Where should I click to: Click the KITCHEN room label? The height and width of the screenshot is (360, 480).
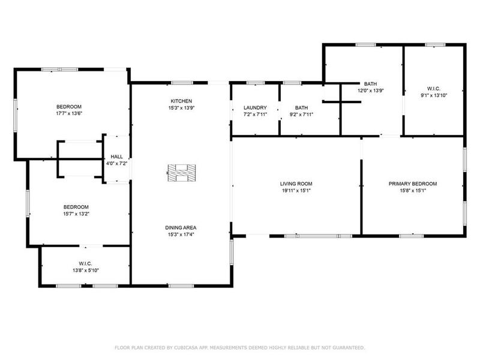(181, 101)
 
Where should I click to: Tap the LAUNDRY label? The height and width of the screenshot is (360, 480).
(255, 107)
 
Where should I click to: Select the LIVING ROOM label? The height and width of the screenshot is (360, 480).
(296, 184)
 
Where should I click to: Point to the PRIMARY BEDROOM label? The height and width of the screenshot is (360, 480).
(412, 184)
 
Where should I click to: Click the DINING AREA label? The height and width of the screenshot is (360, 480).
(181, 227)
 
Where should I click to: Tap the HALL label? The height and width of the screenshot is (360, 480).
(116, 157)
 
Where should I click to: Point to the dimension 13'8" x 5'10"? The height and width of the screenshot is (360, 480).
(85, 271)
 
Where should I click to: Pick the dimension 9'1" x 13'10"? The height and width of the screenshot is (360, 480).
(434, 95)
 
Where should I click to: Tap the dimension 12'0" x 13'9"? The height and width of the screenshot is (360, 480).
(370, 90)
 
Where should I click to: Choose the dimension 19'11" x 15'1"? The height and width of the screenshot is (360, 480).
(296, 191)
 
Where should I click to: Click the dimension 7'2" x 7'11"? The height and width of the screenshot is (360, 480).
(255, 114)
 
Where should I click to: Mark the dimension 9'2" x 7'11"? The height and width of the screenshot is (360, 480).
(301, 114)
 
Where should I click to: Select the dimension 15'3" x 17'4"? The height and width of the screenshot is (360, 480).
(181, 235)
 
